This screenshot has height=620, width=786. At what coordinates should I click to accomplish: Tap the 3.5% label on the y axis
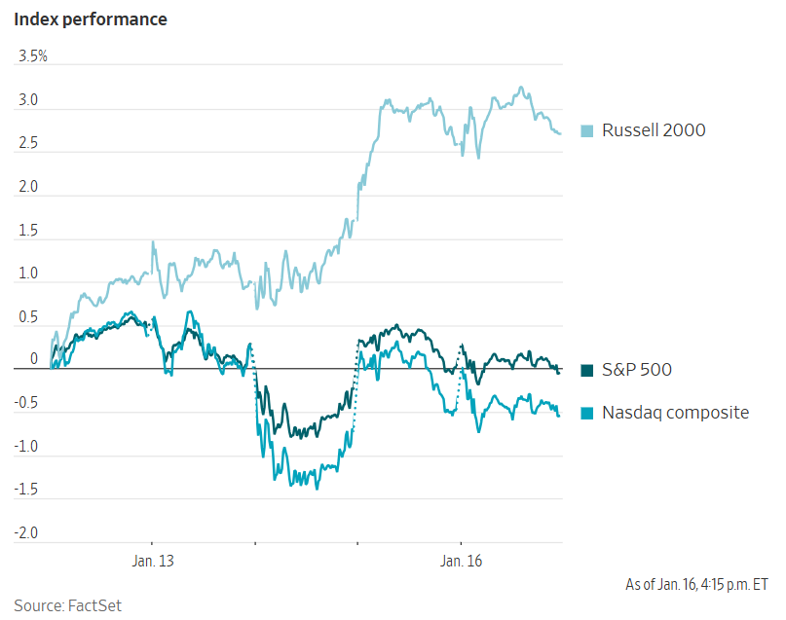[33, 56]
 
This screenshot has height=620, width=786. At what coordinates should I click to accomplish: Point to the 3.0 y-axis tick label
[28, 100]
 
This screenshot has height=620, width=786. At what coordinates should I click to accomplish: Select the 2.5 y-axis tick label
[28, 144]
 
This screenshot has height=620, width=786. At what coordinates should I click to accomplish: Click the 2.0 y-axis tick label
[28, 187]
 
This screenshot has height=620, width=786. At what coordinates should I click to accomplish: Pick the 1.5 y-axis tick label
[28, 231]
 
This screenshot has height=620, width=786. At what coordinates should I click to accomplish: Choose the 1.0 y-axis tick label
[28, 274]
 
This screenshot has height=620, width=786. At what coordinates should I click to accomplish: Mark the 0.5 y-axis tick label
[28, 317]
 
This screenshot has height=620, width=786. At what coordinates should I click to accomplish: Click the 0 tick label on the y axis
[33, 359]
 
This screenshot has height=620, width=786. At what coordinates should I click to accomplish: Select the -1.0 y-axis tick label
[26, 448]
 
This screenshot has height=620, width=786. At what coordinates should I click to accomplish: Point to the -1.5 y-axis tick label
[26, 491]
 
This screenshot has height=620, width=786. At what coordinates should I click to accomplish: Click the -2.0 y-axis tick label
[26, 534]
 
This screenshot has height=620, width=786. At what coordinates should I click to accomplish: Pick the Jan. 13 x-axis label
[152, 562]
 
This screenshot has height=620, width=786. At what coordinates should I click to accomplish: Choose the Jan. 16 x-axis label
[461, 562]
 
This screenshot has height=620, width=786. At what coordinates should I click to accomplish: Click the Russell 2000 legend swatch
[587, 130]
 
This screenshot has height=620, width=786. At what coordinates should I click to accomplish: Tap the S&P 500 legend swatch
[587, 370]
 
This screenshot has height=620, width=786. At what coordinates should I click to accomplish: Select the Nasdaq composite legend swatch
[587, 413]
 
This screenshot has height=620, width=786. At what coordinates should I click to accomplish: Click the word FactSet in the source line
[94, 605]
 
